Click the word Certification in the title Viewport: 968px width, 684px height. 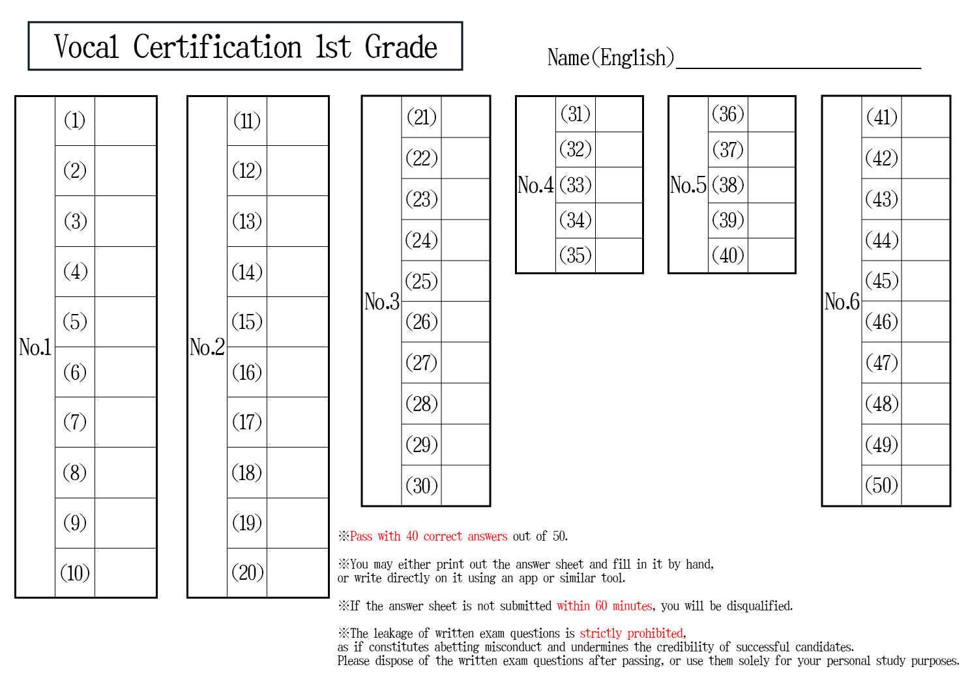coord(217,47)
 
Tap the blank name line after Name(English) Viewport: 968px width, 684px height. coord(798,68)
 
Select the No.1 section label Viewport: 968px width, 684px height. coord(35,347)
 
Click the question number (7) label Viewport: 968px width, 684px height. coord(75,422)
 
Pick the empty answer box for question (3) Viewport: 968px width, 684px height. coord(125,221)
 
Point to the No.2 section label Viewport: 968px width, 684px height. coord(207,347)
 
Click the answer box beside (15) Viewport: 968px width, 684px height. coord(297,322)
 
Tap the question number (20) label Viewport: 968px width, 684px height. coord(248,573)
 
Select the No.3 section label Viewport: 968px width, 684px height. coord(381,302)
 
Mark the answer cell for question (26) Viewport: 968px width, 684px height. coord(465,322)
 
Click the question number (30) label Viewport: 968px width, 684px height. coord(422,485)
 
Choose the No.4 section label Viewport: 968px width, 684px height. coord(535,185)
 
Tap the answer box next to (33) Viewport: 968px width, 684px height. coord(619,185)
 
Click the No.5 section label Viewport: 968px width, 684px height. coord(688,185)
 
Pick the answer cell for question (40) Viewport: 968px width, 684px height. coord(771,255)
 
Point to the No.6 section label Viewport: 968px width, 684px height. coord(842,302)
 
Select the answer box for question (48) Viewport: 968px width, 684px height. coord(926,404)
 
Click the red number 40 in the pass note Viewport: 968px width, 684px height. coord(412,536)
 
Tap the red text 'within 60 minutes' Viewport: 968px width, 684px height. coord(604,606)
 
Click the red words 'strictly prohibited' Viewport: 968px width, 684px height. coord(632,633)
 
